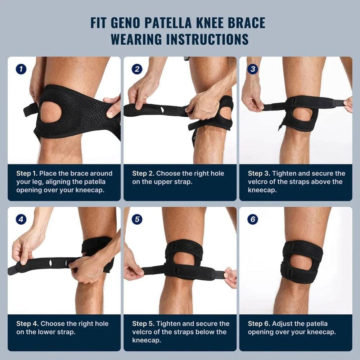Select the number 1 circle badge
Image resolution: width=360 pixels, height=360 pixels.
point(21,69)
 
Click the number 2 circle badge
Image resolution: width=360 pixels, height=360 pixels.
point(137,69)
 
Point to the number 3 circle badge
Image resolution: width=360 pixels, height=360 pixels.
point(253,69)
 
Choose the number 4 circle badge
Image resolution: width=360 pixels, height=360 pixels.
point(21,219)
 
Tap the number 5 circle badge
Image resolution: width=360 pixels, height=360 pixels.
point(137,219)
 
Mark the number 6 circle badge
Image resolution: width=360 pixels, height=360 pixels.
point(253,219)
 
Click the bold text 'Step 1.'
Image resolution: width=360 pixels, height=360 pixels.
point(27,174)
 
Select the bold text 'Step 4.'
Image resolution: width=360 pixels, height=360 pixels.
point(27,324)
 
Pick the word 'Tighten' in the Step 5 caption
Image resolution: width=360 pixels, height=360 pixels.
point(169,324)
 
